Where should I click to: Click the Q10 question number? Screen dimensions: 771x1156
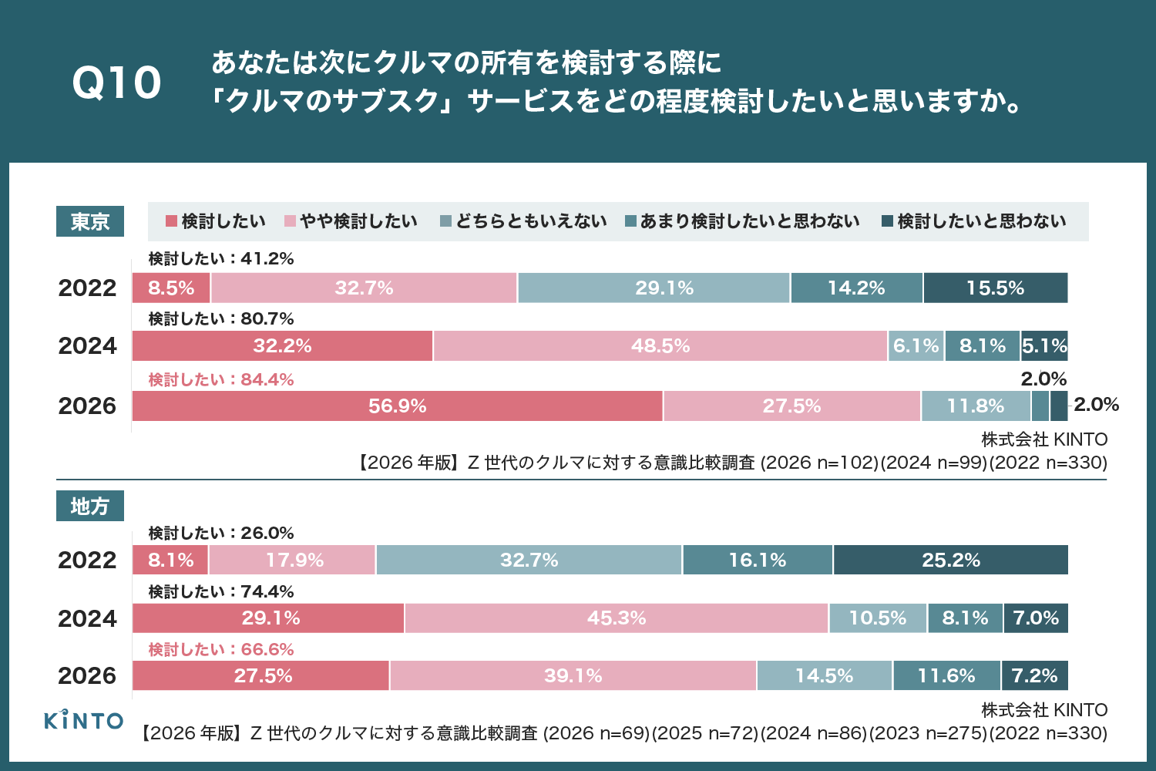116,82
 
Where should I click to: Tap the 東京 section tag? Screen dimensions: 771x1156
90,222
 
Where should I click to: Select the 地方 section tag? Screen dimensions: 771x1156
90,507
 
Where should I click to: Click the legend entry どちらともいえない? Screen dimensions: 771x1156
523,222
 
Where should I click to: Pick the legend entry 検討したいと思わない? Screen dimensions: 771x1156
974,222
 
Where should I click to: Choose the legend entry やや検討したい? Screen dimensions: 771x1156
351,222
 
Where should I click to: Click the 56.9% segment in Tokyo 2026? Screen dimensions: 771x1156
397,406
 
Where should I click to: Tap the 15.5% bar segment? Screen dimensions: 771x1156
995,288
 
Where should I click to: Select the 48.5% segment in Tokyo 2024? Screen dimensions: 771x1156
660,346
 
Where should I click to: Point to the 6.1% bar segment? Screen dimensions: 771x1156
916,346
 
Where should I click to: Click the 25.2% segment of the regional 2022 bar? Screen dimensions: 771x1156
950,561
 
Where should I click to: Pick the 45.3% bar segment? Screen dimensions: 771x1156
617,618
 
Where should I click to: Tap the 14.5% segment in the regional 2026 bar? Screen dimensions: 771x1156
824,676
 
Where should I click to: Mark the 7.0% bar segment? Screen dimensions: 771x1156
1036,618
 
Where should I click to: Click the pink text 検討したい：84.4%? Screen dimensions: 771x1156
221,379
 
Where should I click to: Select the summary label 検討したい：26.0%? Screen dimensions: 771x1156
221,533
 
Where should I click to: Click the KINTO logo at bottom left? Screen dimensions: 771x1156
83,720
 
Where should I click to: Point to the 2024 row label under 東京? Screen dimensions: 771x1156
87,346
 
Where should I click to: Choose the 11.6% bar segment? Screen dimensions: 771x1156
946,676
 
